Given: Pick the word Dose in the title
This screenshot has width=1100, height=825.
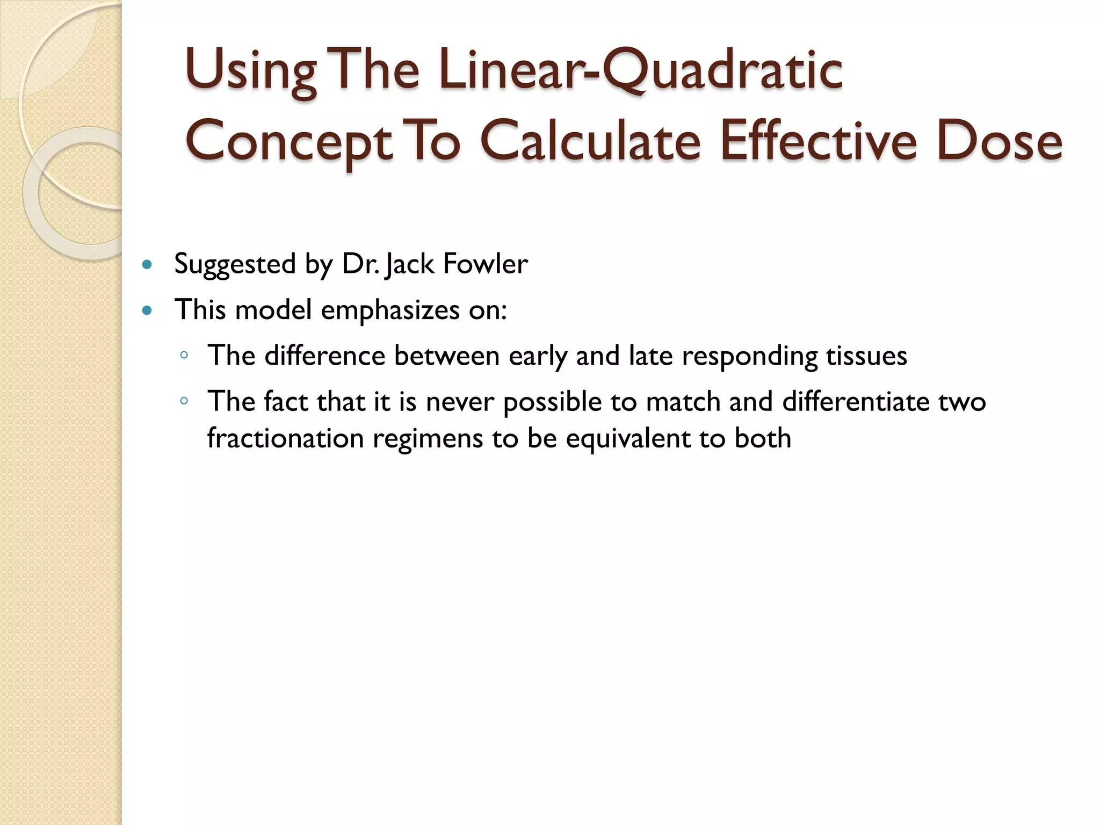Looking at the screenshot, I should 999,141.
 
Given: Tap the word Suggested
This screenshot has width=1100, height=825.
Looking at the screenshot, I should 235,264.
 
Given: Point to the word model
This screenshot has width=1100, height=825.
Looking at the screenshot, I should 273,310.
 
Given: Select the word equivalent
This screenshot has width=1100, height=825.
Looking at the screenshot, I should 628,438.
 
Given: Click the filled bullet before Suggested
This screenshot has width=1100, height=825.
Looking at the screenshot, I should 147,264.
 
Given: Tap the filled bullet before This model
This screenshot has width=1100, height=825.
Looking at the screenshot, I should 147,310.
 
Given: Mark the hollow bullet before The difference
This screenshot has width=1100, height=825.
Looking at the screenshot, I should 184,355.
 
